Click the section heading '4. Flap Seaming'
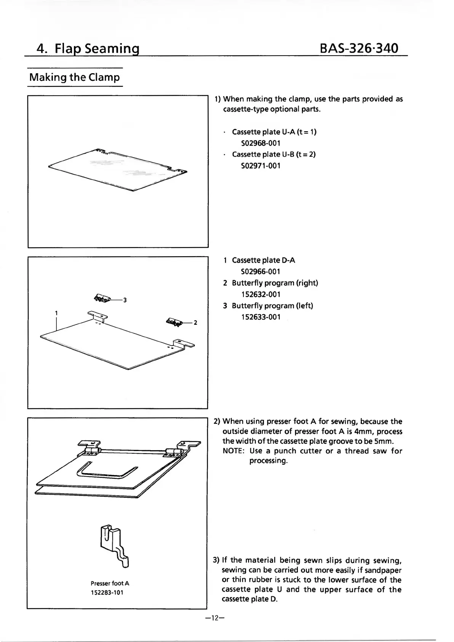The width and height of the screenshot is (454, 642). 88,49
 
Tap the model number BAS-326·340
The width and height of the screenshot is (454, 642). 359,48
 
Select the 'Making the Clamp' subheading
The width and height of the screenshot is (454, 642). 75,77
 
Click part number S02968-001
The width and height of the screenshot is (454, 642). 261,143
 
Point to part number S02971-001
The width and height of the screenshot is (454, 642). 261,166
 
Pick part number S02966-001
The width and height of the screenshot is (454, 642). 261,272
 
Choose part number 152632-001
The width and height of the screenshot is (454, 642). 261,294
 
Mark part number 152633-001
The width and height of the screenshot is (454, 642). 261,317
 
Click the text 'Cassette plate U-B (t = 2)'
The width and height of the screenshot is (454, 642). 273,154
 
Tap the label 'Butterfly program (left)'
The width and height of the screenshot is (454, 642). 272,306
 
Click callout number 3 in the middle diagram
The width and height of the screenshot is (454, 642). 125,300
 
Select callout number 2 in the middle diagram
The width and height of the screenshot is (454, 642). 195,323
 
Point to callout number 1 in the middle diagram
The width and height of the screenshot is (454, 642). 56,313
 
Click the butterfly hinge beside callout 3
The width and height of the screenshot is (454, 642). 102,299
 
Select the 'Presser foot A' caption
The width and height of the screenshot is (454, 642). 110,583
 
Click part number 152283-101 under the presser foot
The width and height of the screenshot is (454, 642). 107,593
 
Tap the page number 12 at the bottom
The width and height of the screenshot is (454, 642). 214,618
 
